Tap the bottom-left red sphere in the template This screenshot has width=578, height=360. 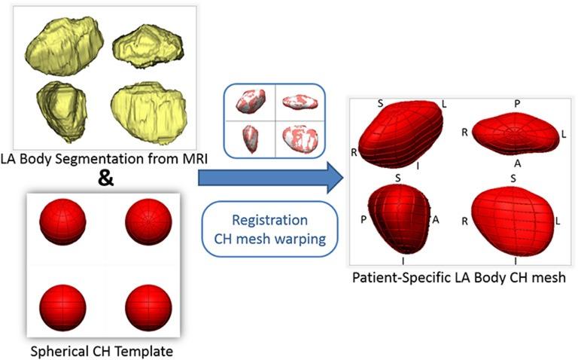click(x=64, y=304)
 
